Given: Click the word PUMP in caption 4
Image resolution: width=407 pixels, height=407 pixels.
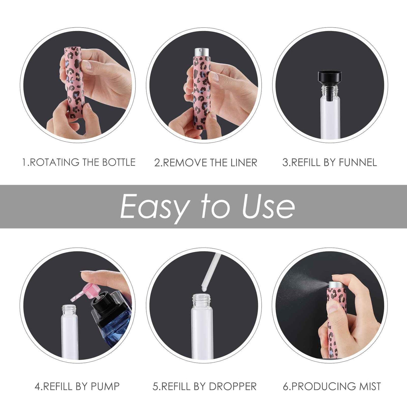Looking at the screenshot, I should [105, 386].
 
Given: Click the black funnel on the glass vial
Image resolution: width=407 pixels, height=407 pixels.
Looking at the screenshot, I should [330, 77].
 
